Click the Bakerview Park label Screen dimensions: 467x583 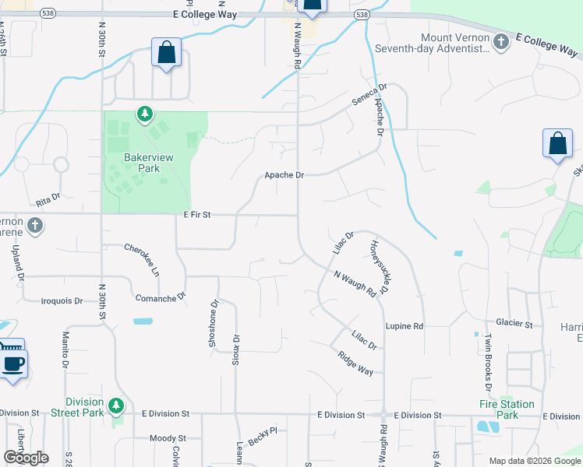click(x=142, y=163)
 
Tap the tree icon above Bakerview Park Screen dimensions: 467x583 click(x=144, y=115)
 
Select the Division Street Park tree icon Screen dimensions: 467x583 click(x=116, y=406)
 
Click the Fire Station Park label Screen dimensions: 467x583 click(x=507, y=409)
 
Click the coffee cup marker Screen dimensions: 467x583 click(x=13, y=363)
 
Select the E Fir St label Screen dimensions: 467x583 click(x=198, y=214)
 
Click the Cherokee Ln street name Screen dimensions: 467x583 click(x=142, y=260)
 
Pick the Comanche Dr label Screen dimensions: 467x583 click(x=161, y=297)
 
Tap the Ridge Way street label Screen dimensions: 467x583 click(x=355, y=363)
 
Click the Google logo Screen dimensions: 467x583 click(x=26, y=458)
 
